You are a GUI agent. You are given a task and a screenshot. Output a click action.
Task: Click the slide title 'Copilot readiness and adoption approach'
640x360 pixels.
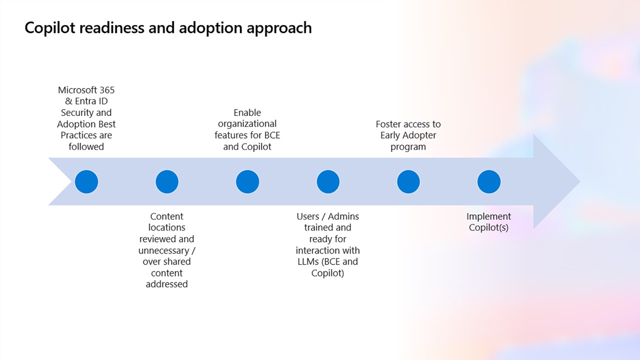(168, 27)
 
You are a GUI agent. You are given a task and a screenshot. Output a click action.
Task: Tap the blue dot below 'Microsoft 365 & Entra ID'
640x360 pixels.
(86, 181)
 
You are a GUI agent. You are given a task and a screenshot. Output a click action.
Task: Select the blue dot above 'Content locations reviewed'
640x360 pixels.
(167, 181)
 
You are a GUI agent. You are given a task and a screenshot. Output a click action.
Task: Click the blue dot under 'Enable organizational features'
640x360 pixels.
(247, 181)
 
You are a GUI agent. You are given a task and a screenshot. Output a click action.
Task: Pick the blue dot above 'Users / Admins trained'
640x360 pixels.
(328, 181)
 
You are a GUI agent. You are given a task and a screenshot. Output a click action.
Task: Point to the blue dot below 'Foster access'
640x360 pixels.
(408, 181)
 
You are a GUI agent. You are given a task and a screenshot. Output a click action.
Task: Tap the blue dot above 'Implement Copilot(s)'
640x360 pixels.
(489, 181)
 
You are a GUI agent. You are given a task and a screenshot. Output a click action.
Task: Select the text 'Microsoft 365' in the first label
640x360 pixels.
(86, 90)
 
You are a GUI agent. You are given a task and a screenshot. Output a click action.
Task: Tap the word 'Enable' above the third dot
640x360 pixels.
(247, 112)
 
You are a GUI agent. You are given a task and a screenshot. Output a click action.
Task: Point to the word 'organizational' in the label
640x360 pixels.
(247, 124)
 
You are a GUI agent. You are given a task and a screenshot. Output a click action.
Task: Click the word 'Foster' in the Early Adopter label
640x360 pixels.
(389, 124)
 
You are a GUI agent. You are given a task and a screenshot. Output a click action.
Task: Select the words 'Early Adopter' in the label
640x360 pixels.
(408, 135)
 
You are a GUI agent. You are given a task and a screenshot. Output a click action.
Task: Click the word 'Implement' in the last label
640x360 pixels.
(489, 216)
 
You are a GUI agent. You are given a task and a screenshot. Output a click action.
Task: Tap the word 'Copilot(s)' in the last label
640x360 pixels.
(489, 228)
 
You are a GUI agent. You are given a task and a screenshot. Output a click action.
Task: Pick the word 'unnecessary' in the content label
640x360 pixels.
(163, 250)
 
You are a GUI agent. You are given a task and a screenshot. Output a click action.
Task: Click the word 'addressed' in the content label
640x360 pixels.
(167, 284)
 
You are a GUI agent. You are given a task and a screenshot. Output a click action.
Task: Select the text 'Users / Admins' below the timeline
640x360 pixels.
(328, 216)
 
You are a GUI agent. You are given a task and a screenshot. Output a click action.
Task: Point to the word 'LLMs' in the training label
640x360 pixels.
(308, 262)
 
